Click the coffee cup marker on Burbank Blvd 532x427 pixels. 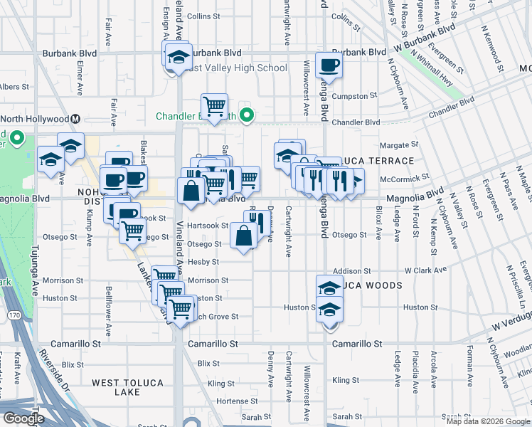click(x=329, y=66)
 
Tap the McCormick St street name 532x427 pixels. click(x=405, y=177)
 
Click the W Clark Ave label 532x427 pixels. click(x=425, y=270)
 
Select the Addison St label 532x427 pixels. click(x=352, y=271)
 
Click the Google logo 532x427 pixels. click(x=23, y=418)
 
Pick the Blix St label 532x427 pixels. click(x=208, y=363)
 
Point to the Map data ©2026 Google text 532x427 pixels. click(x=487, y=421)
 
